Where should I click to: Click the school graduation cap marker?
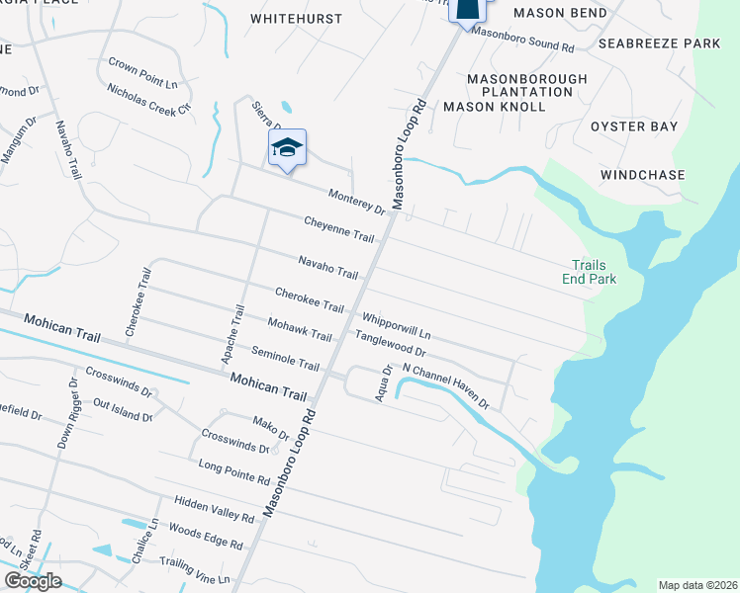pyautogui.click(x=287, y=148)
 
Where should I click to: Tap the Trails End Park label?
pyautogui.click(x=594, y=272)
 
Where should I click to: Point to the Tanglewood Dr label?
pyautogui.click(x=391, y=344)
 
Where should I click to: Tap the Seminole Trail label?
pyautogui.click(x=285, y=358)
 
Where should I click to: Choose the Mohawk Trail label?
pyautogui.click(x=300, y=330)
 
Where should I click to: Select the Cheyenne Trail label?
pyautogui.click(x=339, y=229)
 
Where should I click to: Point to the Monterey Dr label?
pyautogui.click(x=356, y=202)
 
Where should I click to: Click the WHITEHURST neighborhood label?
pyautogui.click(x=297, y=19)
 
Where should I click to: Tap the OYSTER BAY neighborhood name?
pyautogui.click(x=634, y=127)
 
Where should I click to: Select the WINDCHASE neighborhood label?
pyautogui.click(x=643, y=175)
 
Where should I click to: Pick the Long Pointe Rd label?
pyautogui.click(x=234, y=472)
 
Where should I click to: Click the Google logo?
pyautogui.click(x=33, y=580)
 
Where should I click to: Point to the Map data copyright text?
pyautogui.click(x=697, y=585)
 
